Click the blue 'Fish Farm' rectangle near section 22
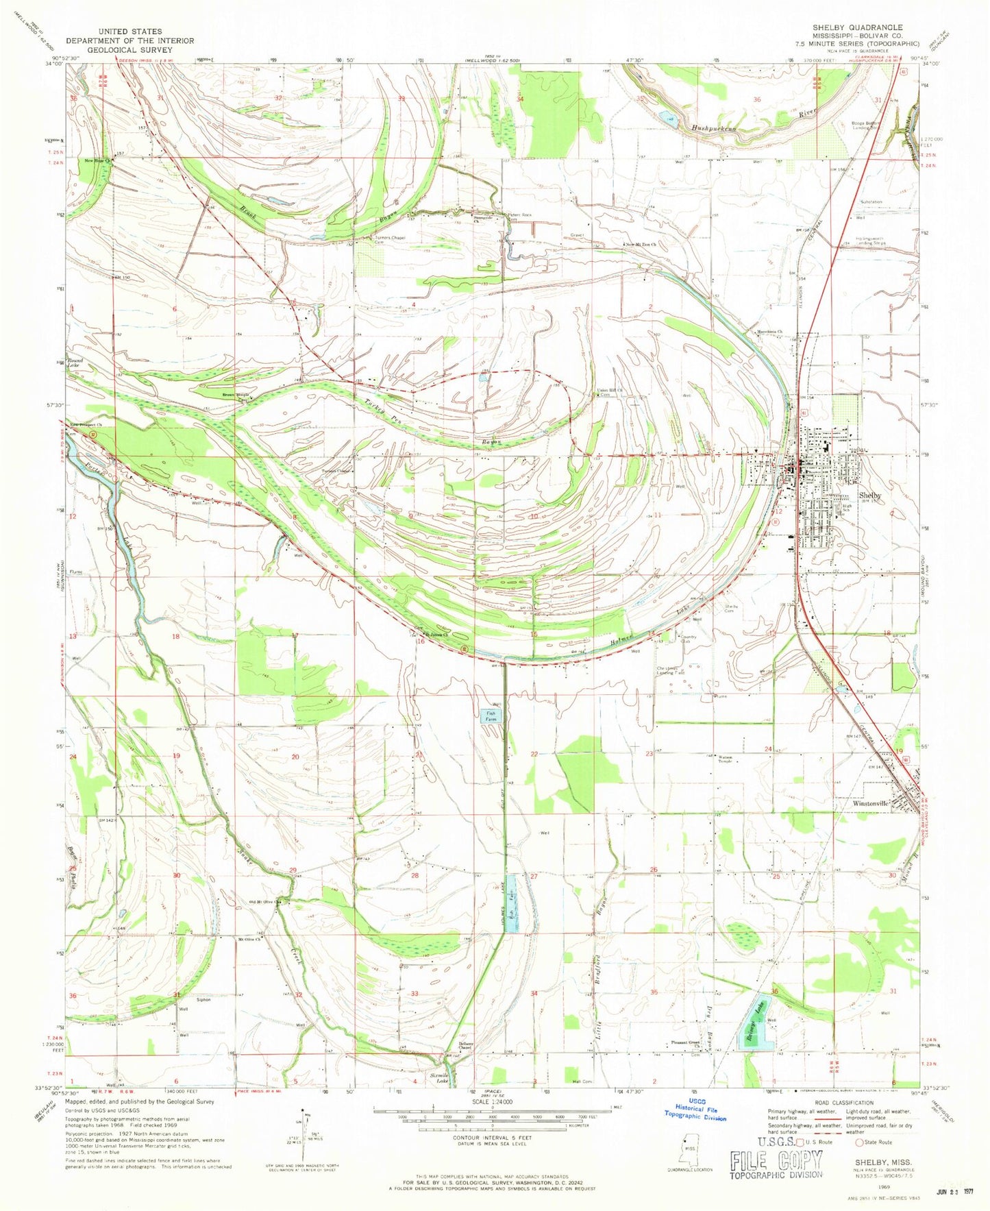491,716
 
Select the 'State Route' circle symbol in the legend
856,1142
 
